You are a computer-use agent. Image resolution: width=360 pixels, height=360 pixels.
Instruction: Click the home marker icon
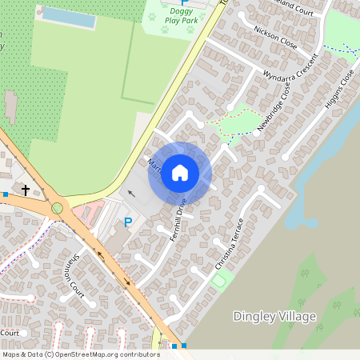click(x=180, y=173)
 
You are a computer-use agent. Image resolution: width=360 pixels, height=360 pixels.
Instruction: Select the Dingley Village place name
click(x=274, y=316)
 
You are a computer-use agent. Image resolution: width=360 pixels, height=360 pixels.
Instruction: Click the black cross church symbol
click(x=26, y=190)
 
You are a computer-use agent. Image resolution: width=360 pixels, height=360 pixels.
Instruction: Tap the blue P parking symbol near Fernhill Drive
click(x=126, y=222)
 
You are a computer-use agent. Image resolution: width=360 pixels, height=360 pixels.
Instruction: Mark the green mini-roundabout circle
click(x=57, y=208)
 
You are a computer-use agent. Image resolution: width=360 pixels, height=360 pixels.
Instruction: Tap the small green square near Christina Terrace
click(x=218, y=280)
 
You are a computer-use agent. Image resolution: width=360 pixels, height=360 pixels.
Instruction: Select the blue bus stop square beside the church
click(x=6, y=194)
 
